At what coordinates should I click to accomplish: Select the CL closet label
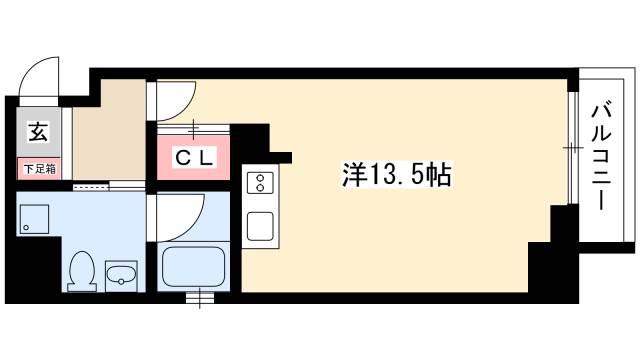click(193, 157)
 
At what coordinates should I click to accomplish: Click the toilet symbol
click(80, 268)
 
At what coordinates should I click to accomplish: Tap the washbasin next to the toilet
click(121, 274)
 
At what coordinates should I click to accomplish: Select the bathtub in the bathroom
click(196, 268)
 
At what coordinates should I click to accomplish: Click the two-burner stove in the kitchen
click(260, 183)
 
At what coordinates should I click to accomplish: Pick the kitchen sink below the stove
click(260, 224)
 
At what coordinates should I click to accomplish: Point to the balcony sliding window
click(571, 150)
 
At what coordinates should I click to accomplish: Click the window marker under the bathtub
click(201, 295)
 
